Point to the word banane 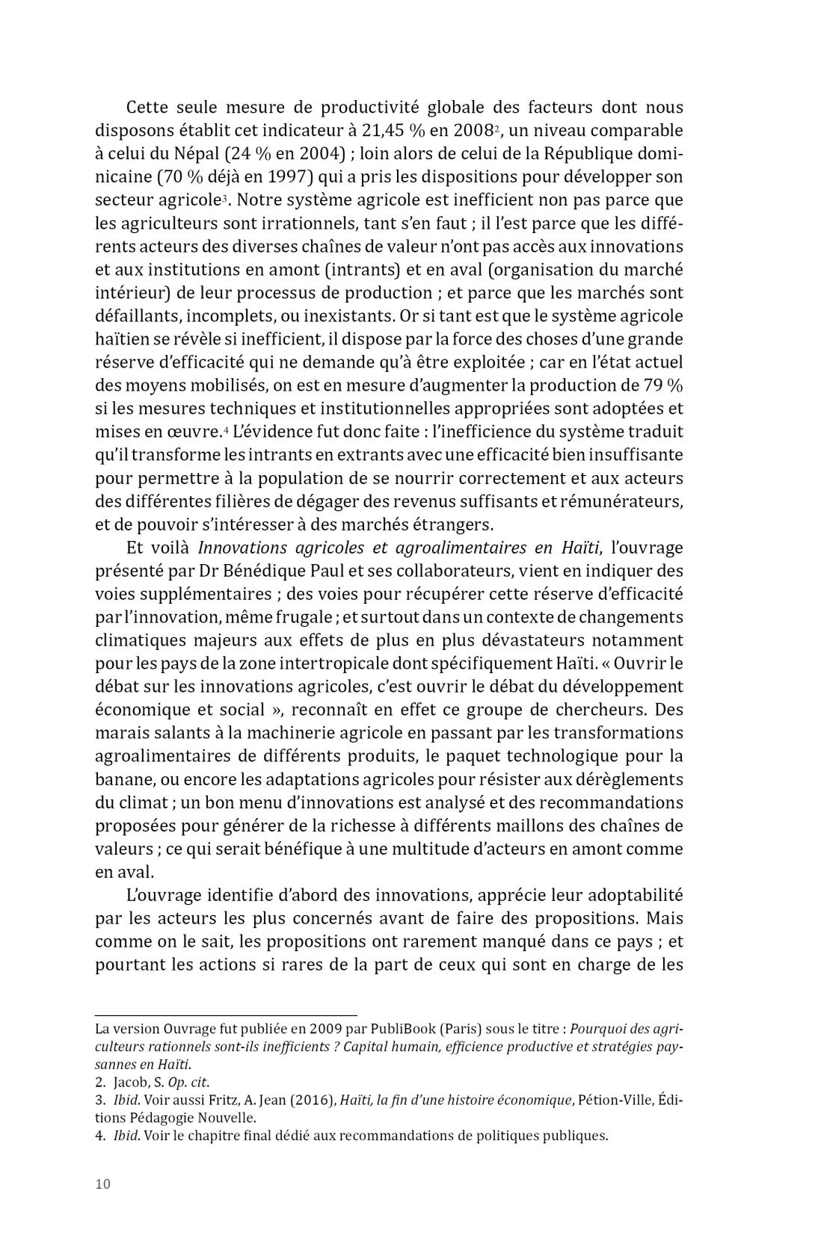123,780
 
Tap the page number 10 102,1184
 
